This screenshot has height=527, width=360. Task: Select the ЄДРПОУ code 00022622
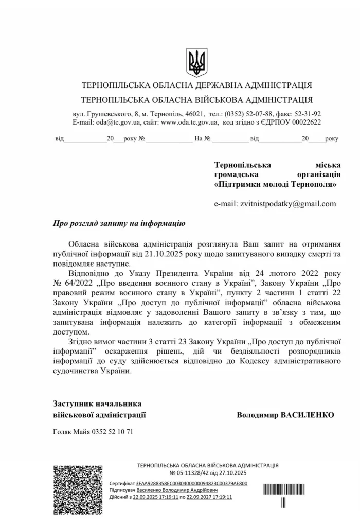pos(303,122)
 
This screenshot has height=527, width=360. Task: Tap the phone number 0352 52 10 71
pos(112,432)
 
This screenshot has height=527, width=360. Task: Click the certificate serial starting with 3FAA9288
pos(191,484)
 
